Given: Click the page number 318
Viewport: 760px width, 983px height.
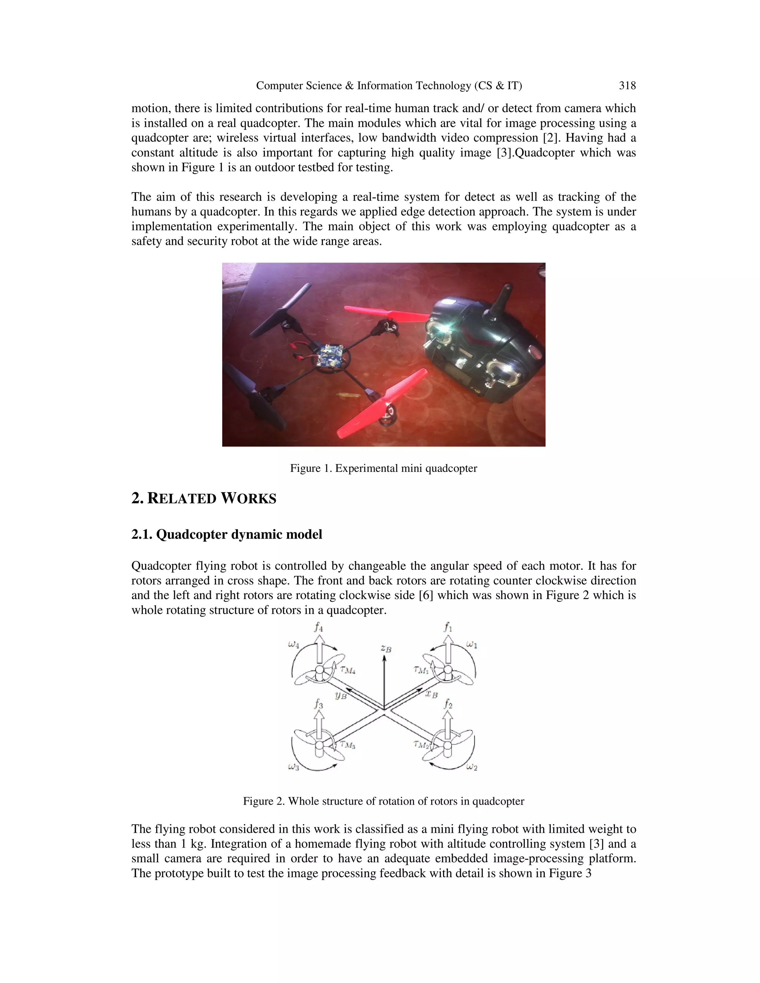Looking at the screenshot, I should tap(627, 86).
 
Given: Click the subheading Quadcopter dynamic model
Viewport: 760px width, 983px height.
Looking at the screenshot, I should tap(226, 534).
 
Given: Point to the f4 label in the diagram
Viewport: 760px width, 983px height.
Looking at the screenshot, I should tap(318, 627).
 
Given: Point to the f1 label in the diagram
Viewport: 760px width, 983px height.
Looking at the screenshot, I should tap(448, 627).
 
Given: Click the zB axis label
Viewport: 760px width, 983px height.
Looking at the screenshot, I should tap(386, 648).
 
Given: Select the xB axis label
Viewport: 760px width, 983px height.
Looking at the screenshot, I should tap(431, 694).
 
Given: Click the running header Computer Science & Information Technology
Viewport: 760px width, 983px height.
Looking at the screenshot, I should tap(389, 86).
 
